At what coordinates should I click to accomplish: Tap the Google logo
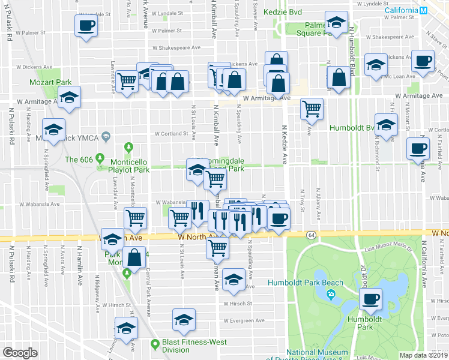[x=19, y=352]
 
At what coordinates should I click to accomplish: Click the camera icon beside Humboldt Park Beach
[x=331, y=295]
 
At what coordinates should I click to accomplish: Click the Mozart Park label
[x=48, y=81]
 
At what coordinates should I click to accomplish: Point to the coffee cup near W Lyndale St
[x=86, y=25]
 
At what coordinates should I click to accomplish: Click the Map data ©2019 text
[x=424, y=355]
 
